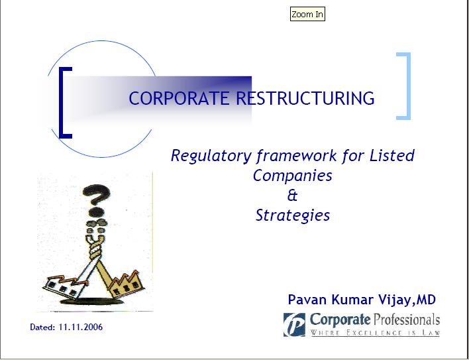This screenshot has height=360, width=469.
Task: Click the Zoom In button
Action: (307, 14)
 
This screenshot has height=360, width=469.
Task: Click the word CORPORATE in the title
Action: (179, 98)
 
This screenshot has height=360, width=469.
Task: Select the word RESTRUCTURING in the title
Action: (305, 98)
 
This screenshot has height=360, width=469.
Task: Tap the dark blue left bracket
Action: (62, 103)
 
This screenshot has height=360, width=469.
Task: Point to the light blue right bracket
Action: (407, 86)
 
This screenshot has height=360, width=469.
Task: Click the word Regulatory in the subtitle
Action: (211, 156)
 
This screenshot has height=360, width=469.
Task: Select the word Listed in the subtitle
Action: (392, 155)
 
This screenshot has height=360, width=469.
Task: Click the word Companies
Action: (293, 176)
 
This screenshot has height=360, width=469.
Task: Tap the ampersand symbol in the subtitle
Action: (292, 196)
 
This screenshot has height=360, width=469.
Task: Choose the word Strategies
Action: (293, 215)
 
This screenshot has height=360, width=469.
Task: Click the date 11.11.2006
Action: (81, 327)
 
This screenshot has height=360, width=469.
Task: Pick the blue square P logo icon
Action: (294, 325)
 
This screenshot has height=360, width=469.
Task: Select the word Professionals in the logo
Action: (406, 320)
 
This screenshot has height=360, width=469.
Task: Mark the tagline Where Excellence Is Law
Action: (375, 332)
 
